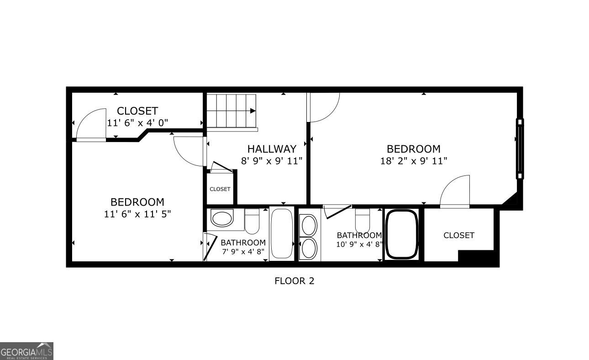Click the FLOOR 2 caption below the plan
pyautogui.click(x=294, y=281)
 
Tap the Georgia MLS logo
pyautogui.click(x=26, y=351)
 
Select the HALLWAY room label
pyautogui.click(x=272, y=149)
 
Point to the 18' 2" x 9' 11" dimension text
pyautogui.click(x=414, y=161)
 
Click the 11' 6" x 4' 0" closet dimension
pyautogui.click(x=137, y=122)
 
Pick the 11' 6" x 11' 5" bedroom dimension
pyautogui.click(x=137, y=214)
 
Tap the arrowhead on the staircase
pyautogui.click(x=253, y=111)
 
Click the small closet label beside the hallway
pyautogui.click(x=220, y=189)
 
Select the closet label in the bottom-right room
pyautogui.click(x=459, y=235)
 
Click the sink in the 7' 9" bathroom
pyautogui.click(x=222, y=218)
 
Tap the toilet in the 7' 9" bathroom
pyautogui.click(x=252, y=221)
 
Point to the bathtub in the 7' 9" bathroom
pyautogui.click(x=282, y=233)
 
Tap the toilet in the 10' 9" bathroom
pyautogui.click(x=363, y=221)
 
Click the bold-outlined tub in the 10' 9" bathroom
pyautogui.click(x=401, y=234)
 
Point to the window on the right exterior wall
pyautogui.click(x=520, y=149)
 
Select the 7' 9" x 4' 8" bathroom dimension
pyautogui.click(x=243, y=252)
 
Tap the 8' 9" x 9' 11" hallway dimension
pyautogui.click(x=272, y=161)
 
